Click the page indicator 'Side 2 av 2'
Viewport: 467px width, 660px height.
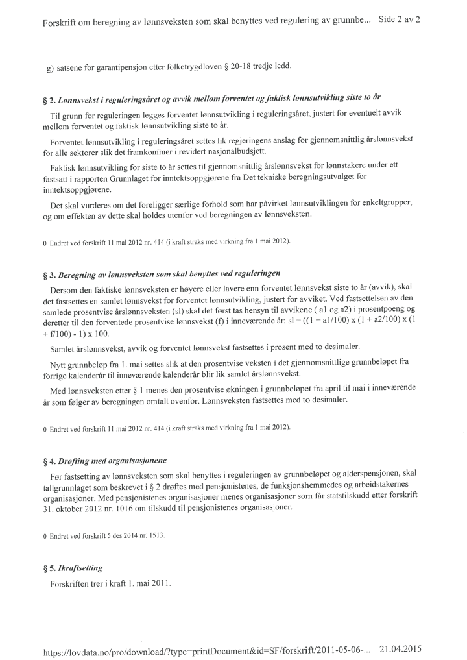(x=399, y=19)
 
